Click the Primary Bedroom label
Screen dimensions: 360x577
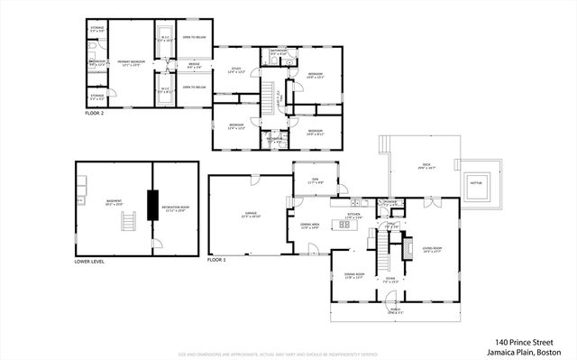tap(132, 62)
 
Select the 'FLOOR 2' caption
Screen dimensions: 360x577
tap(96, 115)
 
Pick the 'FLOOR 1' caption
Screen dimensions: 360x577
tap(216, 260)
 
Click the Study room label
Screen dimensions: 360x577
tap(235, 70)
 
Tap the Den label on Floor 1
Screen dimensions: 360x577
tap(316, 180)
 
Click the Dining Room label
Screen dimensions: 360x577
tap(353, 276)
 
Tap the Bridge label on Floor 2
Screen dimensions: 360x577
tap(194, 64)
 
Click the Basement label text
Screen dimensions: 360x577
tap(114, 202)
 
